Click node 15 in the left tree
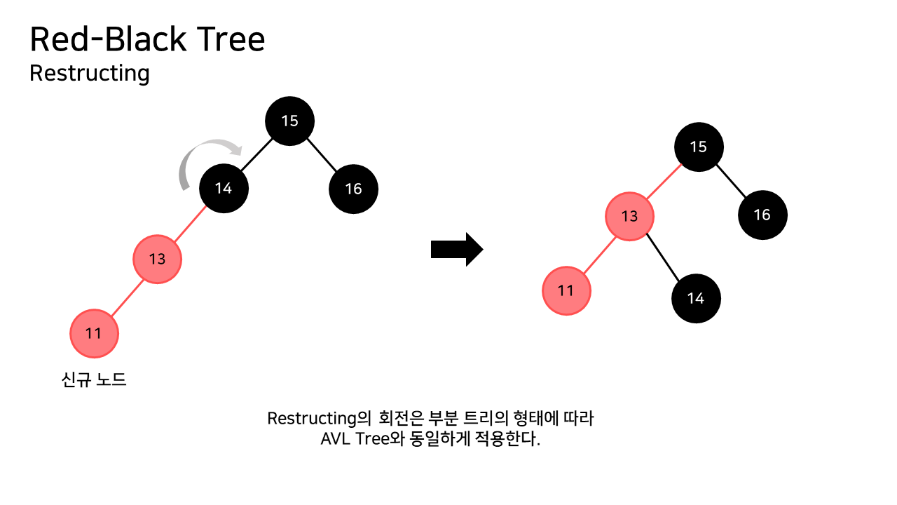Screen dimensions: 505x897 pyautogui.click(x=289, y=121)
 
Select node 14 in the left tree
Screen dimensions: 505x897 pyautogui.click(x=224, y=188)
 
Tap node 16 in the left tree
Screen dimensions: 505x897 pyautogui.click(x=353, y=188)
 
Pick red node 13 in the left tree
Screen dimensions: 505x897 pyautogui.click(x=158, y=259)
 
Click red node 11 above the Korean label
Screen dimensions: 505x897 pyautogui.click(x=94, y=333)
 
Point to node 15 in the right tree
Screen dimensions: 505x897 pyautogui.click(x=698, y=147)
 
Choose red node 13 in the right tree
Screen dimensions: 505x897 pyautogui.click(x=630, y=216)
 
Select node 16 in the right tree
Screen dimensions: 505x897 pyautogui.click(x=762, y=215)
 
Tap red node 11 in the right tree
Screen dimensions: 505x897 pyautogui.click(x=566, y=290)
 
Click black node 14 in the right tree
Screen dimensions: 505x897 pyautogui.click(x=696, y=298)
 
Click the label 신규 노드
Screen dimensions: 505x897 pyautogui.click(x=95, y=380)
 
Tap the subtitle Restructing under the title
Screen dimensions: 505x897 pyautogui.click(x=90, y=73)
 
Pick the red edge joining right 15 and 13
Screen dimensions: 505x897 pyautogui.click(x=664, y=182)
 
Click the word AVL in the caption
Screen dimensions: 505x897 pyautogui.click(x=336, y=440)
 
